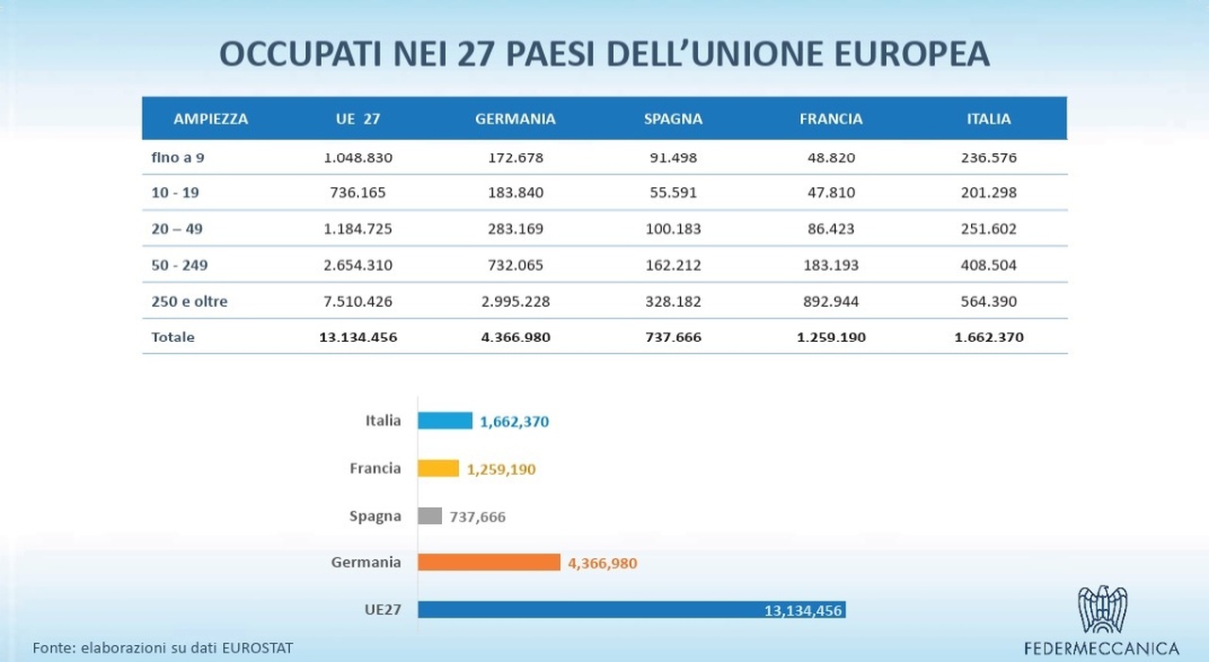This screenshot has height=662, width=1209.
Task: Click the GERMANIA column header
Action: pyautogui.click(x=515, y=119)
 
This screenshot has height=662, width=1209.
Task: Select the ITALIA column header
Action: pyautogui.click(x=988, y=119)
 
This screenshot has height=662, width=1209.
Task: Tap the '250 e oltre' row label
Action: pyautogui.click(x=189, y=302)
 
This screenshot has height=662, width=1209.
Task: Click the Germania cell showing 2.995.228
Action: pyautogui.click(x=515, y=302)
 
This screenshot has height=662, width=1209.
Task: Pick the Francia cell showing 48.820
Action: pyautogui.click(x=830, y=158)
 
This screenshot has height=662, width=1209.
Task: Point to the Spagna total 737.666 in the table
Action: pyautogui.click(x=673, y=337)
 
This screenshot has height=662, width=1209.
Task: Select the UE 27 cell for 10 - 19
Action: pyautogui.click(x=358, y=193)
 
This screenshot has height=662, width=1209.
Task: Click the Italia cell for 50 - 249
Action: pyautogui.click(x=988, y=265)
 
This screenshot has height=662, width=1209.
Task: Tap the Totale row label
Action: pyautogui.click(x=173, y=337)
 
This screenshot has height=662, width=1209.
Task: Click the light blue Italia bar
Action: pyautogui.click(x=445, y=421)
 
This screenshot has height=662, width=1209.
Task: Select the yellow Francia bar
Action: pyautogui.click(x=438, y=468)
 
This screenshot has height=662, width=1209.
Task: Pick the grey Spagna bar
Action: pyautogui.click(x=430, y=516)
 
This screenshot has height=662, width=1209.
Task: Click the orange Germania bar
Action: pyautogui.click(x=489, y=563)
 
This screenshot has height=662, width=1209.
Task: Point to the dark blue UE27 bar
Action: pyautogui.click(x=631, y=610)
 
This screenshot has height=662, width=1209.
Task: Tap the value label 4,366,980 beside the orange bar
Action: pyautogui.click(x=603, y=564)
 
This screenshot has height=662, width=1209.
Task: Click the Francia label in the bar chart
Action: pyautogui.click(x=375, y=468)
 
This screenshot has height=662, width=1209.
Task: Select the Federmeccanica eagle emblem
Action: pyautogui.click(x=1102, y=609)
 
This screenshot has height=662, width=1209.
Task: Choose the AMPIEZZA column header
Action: pyautogui.click(x=211, y=119)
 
